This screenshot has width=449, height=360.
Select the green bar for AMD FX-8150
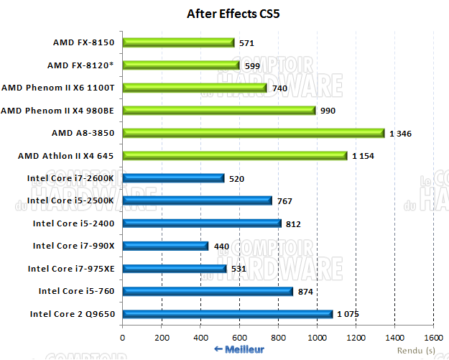pos(178,42)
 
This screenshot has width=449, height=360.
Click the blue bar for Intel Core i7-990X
pos(165,246)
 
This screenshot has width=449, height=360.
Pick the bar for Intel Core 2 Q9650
pos(227,313)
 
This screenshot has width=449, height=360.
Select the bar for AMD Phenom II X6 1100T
pos(194,88)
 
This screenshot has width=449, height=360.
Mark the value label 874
pos(305,291)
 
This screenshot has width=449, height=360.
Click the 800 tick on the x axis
pos(278,337)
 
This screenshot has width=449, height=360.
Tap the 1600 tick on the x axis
pos(433,337)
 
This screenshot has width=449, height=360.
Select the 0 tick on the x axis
pos(123,337)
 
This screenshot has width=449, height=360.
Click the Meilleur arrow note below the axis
pos(239,349)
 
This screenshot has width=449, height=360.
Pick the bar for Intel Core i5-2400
pos(201,223)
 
